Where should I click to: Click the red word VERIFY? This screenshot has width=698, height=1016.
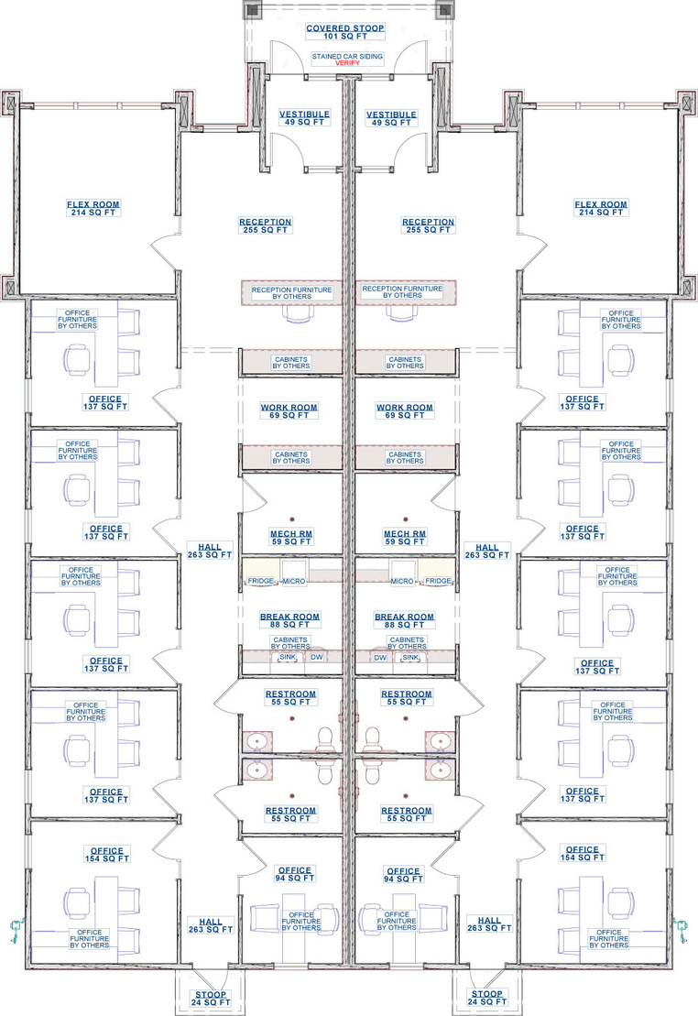tap(347, 63)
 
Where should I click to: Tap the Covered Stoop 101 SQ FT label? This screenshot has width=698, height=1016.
tap(344, 32)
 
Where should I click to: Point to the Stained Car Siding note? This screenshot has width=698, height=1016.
tap(347, 57)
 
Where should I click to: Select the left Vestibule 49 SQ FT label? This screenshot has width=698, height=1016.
tap(305, 118)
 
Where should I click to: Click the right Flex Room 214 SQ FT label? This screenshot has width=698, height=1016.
tap(601, 208)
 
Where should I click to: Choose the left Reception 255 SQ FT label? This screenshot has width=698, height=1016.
tap(265, 225)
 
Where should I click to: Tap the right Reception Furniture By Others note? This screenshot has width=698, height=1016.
tap(402, 291)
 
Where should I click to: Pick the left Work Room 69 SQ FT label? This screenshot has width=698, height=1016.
tap(289, 411)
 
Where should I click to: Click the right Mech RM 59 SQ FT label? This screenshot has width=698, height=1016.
tap(405, 538)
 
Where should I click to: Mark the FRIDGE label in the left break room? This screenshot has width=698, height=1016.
tap(260, 581)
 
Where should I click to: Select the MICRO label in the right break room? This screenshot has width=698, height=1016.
tap(402, 581)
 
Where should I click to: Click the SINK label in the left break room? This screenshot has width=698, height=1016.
tap(287, 657)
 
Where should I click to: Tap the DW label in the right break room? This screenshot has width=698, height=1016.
tap(380, 657)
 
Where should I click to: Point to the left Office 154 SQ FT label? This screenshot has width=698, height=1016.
tap(107, 855)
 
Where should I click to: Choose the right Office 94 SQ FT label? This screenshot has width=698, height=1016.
tap(403, 875)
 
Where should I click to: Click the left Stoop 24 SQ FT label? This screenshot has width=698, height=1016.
tap(211, 999)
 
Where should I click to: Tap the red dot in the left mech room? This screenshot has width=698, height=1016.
tap(292, 519)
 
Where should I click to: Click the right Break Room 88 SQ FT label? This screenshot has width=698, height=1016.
tap(404, 621)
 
